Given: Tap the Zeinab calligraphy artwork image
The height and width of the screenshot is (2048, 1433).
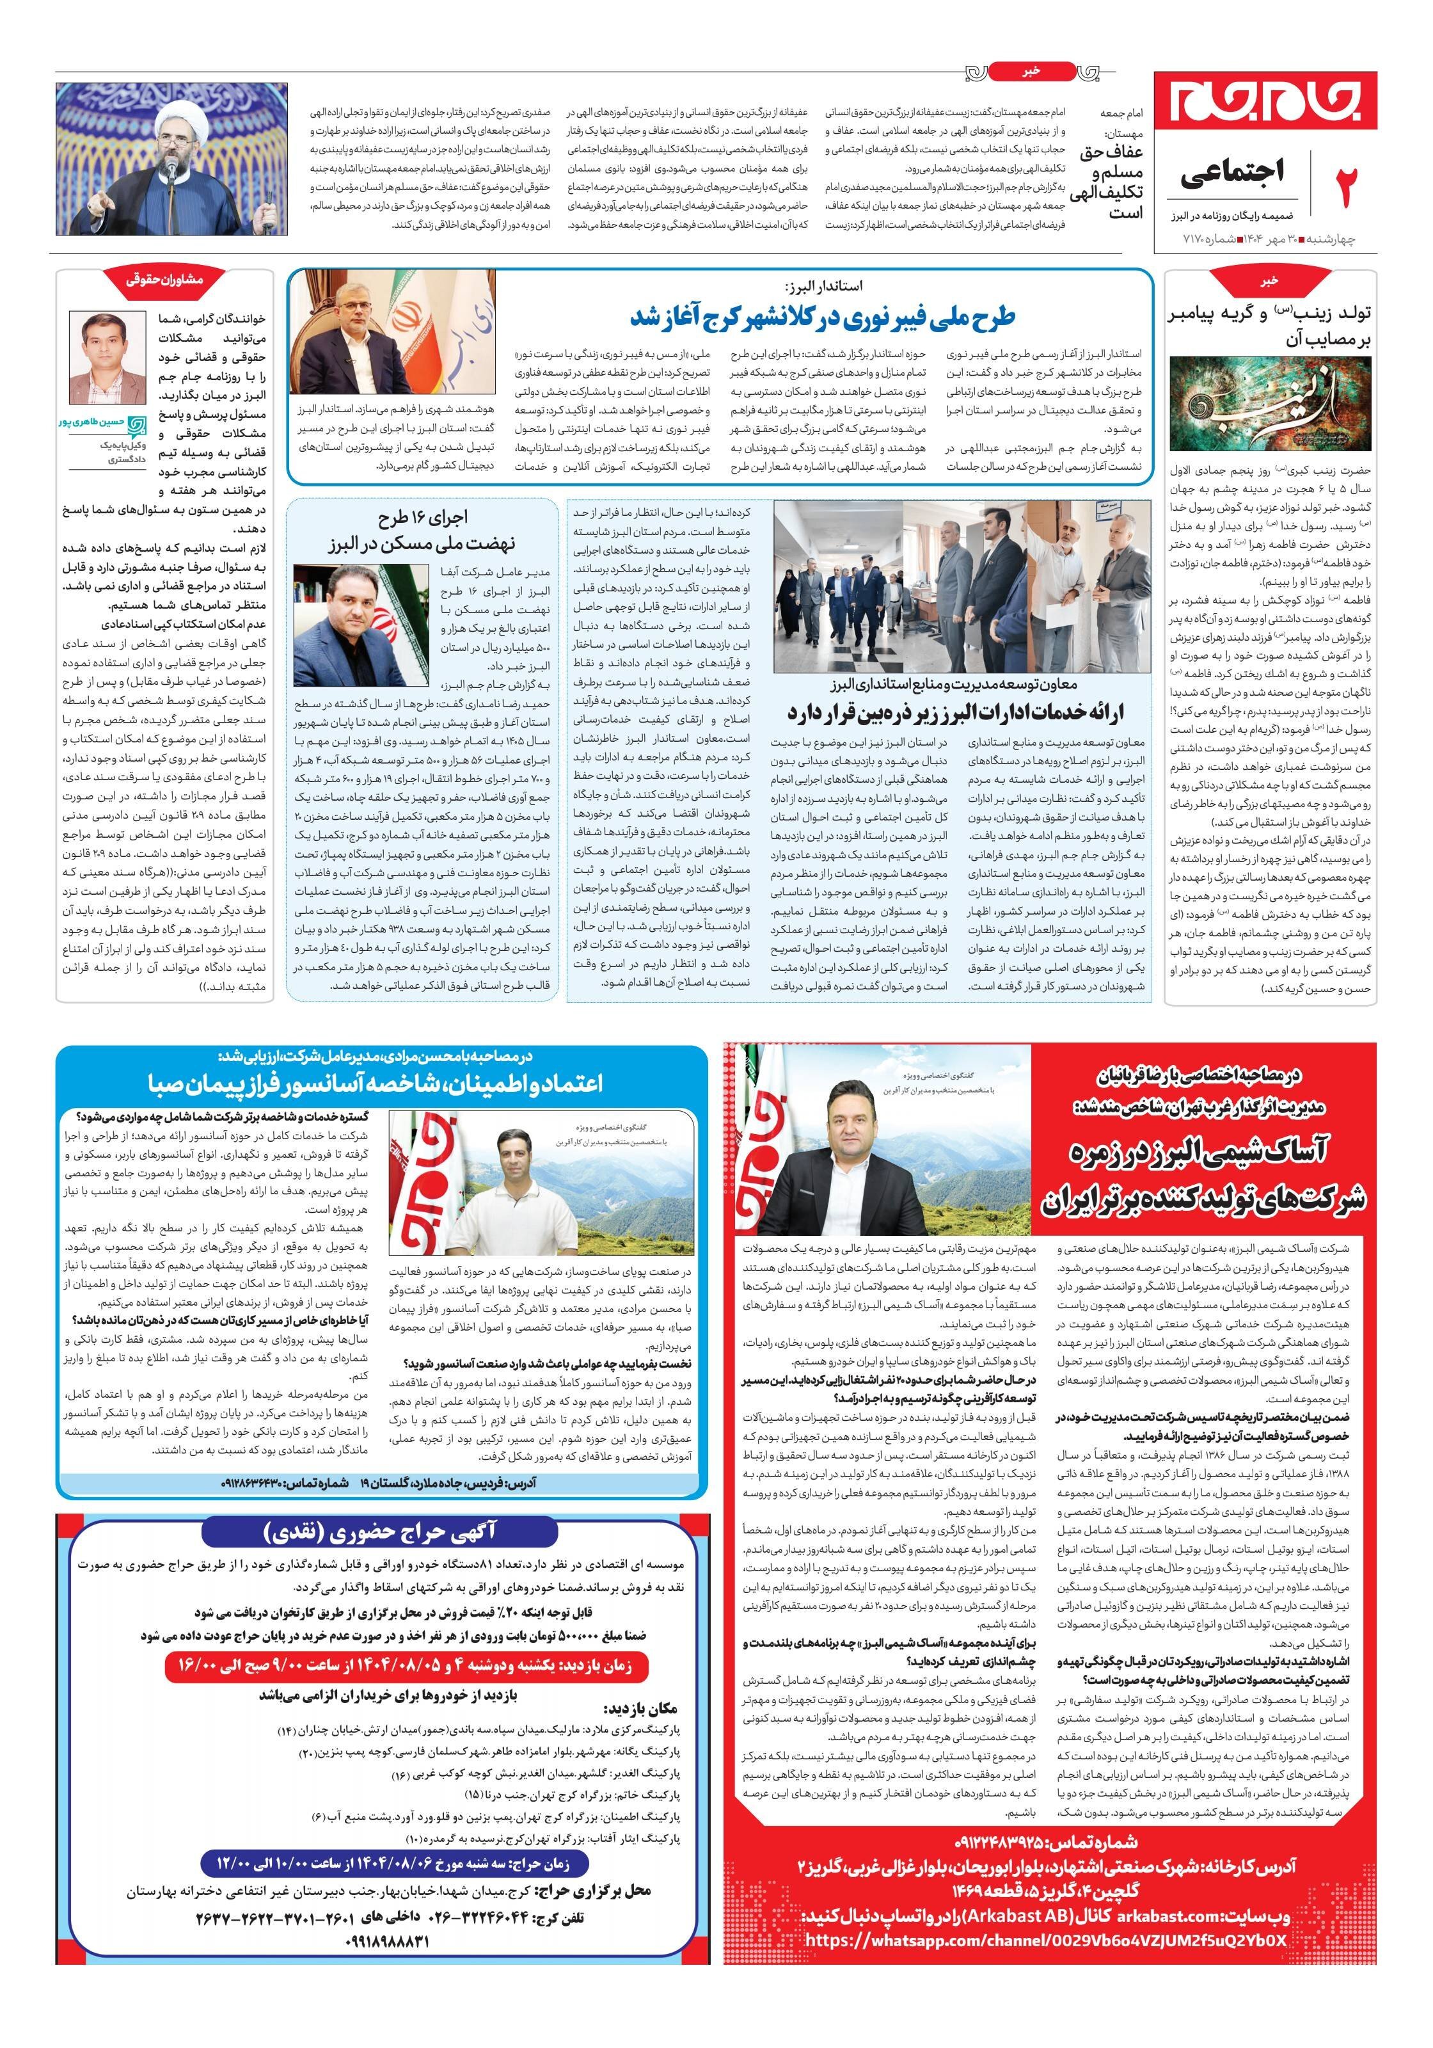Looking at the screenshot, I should [x=1272, y=404].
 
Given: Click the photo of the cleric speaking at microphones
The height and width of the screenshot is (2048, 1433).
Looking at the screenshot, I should [x=171, y=159].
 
